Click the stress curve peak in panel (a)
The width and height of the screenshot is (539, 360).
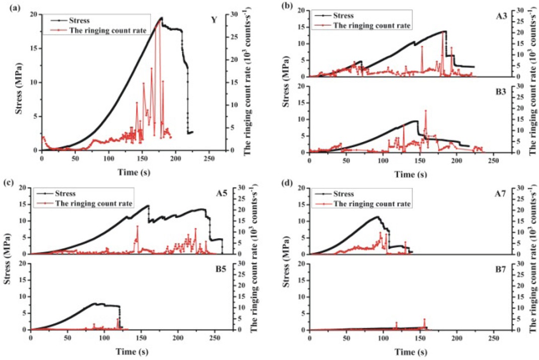162,18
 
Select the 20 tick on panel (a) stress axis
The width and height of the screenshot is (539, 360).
33,15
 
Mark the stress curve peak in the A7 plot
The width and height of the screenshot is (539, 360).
377,217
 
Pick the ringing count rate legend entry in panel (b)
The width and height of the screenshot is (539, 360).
375,24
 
